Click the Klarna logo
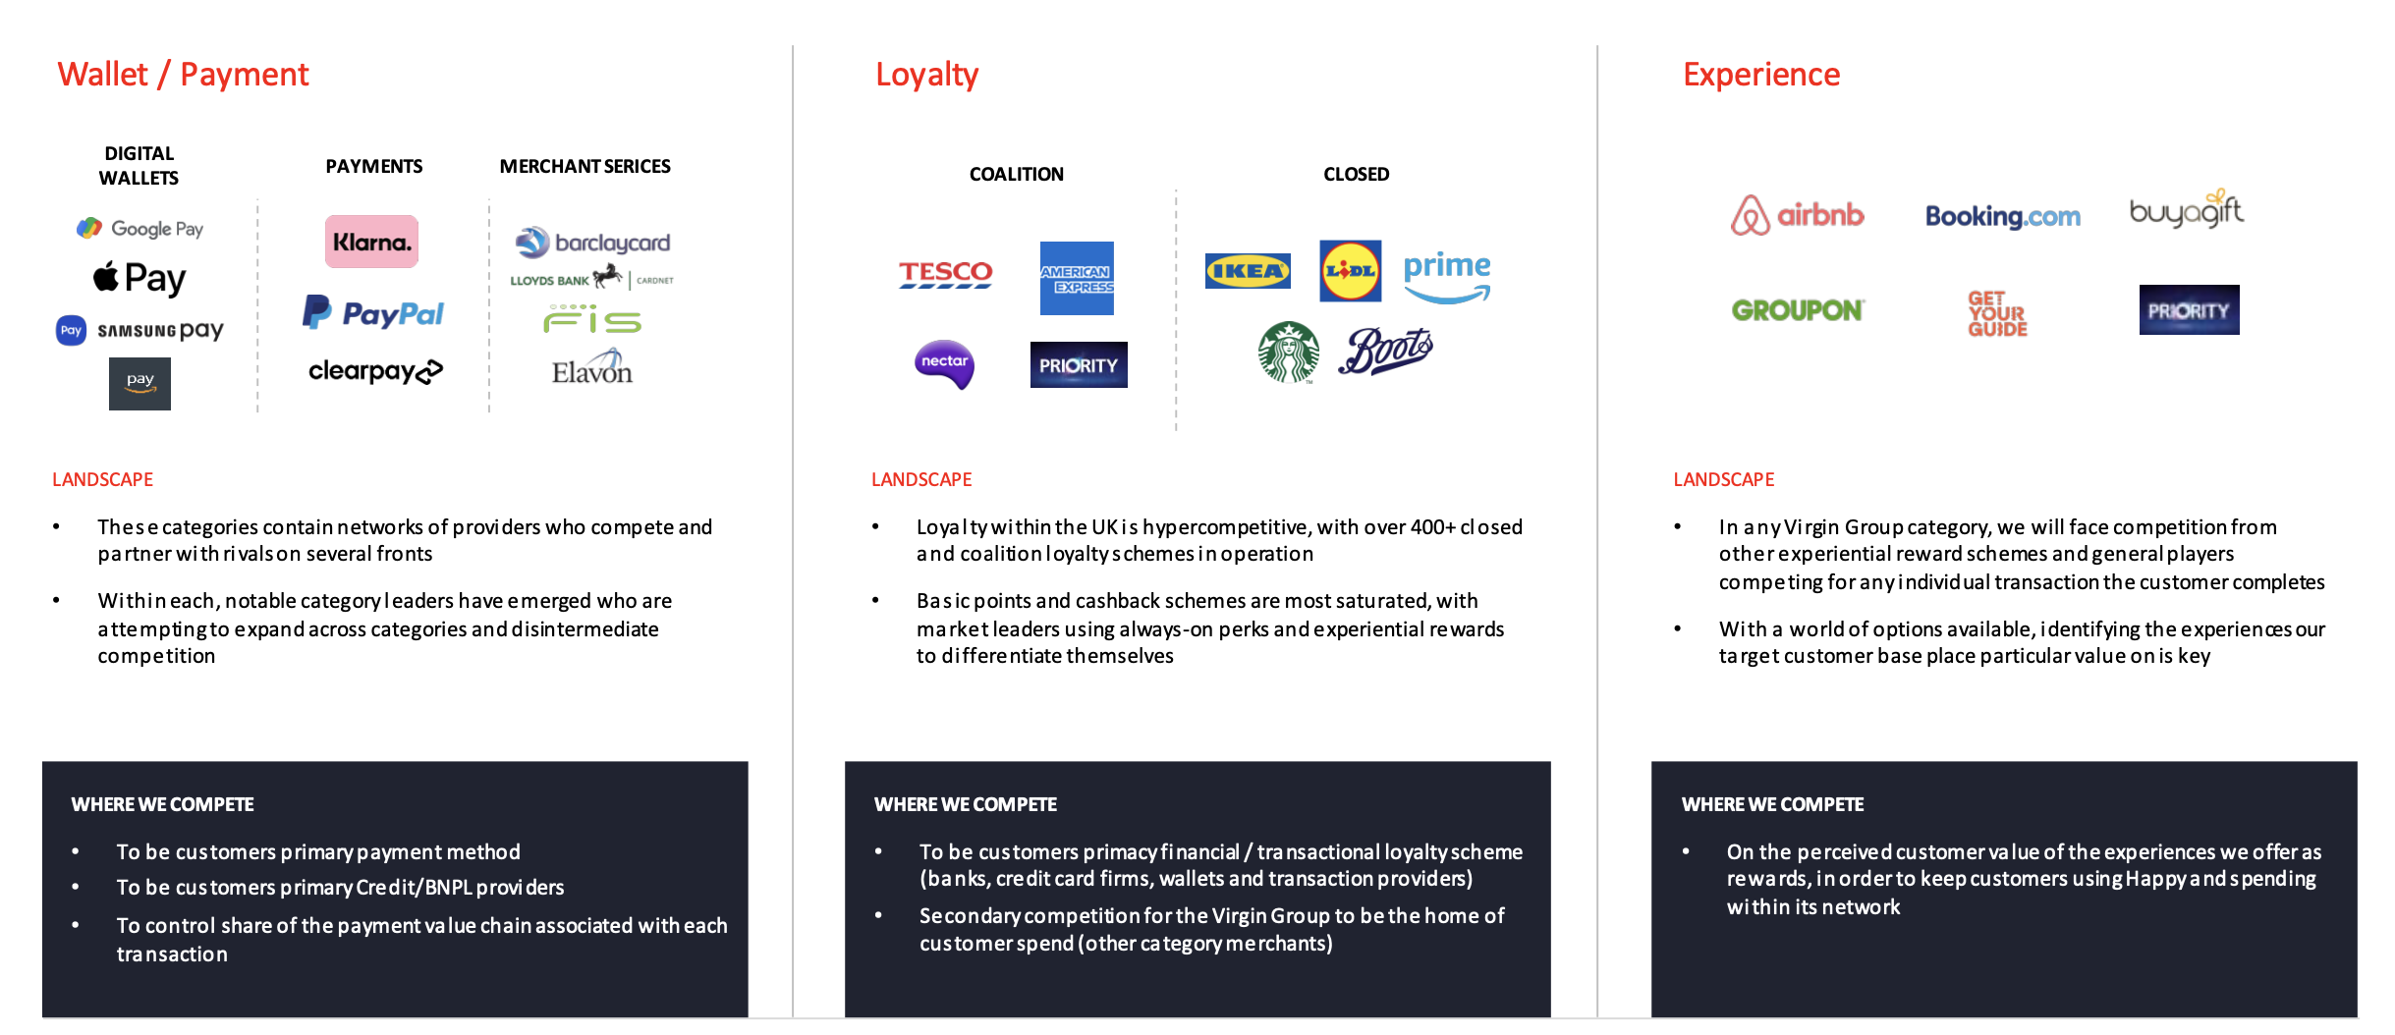tap(371, 242)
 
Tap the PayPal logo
tap(373, 313)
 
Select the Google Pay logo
tap(140, 229)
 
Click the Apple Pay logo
tap(139, 278)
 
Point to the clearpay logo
tap(375, 371)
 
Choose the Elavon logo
tap(591, 369)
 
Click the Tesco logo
tap(945, 273)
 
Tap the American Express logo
tap(1077, 278)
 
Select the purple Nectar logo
tap(944, 364)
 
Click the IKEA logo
tap(1248, 271)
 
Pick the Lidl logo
tap(1350, 271)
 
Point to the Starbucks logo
tap(1289, 352)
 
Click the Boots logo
tap(1385, 351)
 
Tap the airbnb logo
tap(1797, 215)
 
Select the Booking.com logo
tap(2002, 216)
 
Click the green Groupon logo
tap(1797, 310)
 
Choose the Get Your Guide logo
tap(1997, 314)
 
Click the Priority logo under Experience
tap(2189, 310)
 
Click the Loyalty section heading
tap(926, 75)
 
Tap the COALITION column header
tap(1016, 174)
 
